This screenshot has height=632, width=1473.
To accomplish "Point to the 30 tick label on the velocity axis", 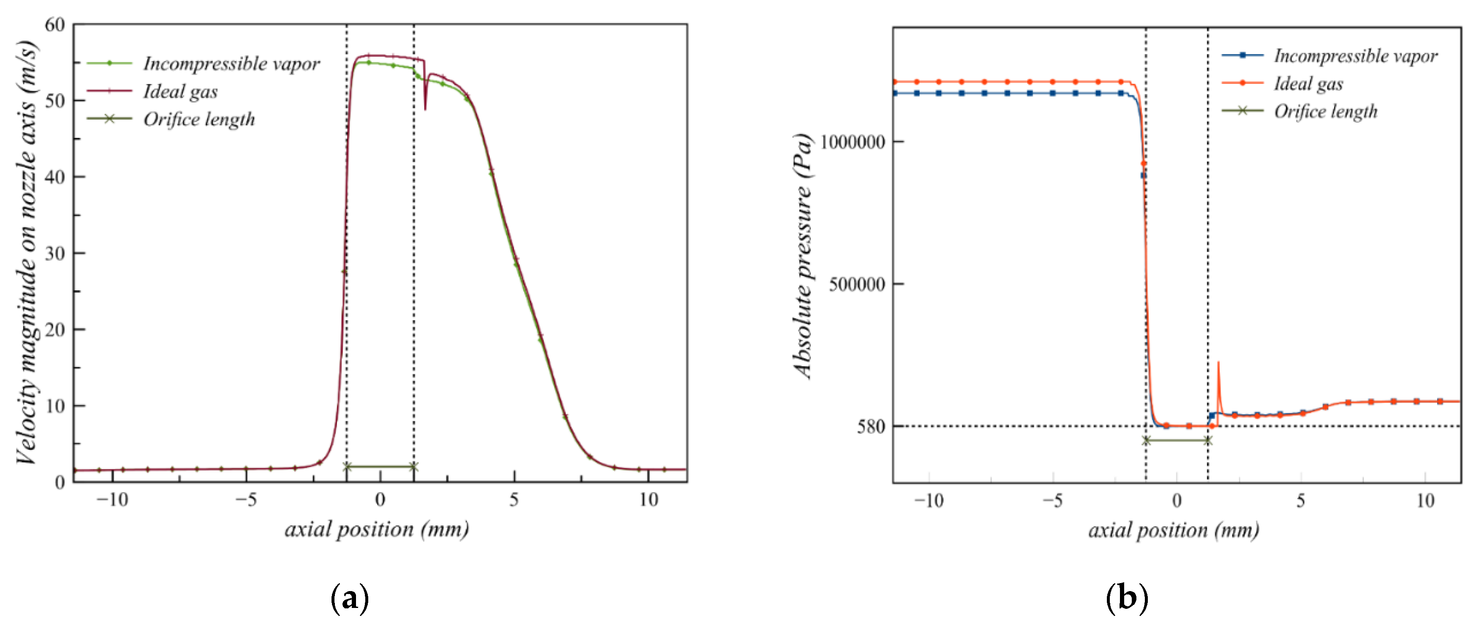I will coord(55,253).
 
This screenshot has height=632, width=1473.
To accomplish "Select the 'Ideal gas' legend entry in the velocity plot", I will coord(180,92).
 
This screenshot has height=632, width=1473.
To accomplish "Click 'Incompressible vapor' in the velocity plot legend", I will coord(231,63).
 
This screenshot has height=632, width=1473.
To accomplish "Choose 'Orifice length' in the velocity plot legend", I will coord(199,119).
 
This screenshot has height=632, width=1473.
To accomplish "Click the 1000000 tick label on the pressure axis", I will coord(853,142).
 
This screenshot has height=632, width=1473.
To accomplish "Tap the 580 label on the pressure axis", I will coord(870,426).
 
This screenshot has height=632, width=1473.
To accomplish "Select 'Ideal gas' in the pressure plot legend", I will coord(1308,84).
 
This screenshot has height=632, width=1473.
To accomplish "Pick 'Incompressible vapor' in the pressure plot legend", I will coord(1355,56).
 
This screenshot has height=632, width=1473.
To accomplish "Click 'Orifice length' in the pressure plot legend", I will coord(1326,111).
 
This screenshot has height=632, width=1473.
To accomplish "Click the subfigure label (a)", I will coord(349,598).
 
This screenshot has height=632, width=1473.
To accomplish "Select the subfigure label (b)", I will coord(1126,598).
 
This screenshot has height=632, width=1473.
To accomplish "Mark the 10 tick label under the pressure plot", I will coord(1425,501).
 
